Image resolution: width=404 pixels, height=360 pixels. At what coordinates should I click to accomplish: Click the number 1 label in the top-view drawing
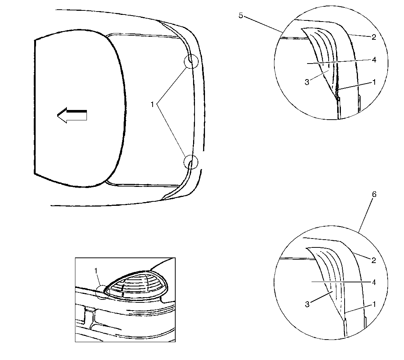(152, 105)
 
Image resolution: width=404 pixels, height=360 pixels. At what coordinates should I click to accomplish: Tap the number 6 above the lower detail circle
(374, 195)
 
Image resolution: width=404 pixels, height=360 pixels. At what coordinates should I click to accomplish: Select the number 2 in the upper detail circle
(374, 37)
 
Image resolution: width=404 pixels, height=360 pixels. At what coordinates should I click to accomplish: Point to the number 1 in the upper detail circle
(374, 82)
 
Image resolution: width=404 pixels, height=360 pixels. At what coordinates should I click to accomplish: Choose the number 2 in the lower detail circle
(374, 260)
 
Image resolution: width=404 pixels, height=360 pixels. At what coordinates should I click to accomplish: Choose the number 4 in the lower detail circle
(374, 283)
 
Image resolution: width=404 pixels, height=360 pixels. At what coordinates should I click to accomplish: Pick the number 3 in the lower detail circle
(307, 305)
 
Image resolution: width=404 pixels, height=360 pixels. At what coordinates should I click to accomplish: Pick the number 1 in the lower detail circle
(374, 304)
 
